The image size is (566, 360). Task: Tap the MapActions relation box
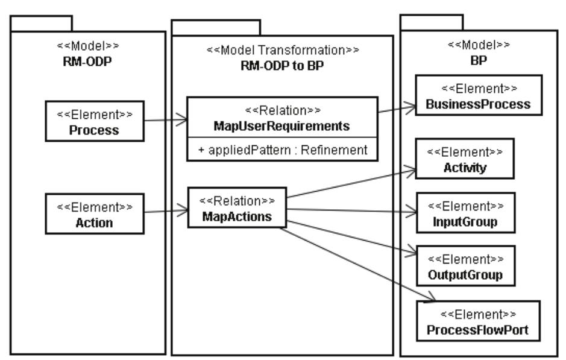[237, 209]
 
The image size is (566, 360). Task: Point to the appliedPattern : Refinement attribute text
[282, 150]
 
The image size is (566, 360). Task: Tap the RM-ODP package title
[88, 58]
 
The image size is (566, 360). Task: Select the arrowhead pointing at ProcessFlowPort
[429, 297]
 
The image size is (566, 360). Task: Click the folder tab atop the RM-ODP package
[42, 24]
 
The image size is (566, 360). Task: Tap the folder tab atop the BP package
[432, 22]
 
